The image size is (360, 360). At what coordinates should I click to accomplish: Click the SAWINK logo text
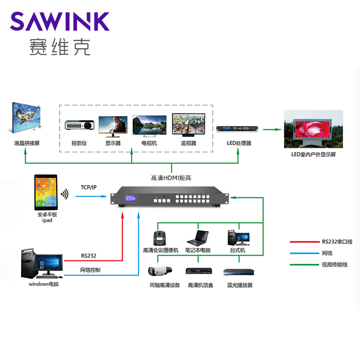60,22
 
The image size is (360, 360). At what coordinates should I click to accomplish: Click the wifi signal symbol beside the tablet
65,194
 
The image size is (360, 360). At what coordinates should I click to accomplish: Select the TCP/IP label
89,187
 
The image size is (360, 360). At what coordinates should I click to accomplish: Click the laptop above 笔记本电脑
198,238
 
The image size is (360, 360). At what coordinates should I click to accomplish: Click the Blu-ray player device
238,272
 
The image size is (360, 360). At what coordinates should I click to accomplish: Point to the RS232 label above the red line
89,256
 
